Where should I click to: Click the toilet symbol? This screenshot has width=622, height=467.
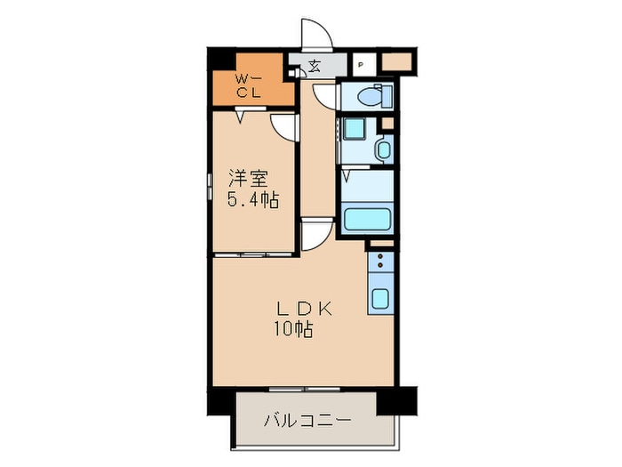coord(374,96)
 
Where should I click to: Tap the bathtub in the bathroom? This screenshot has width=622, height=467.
coord(366,219)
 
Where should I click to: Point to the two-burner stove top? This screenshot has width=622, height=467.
coord(381,262)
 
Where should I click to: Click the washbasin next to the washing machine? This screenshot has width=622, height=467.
coord(384,149)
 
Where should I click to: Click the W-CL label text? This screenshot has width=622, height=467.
coord(249,86)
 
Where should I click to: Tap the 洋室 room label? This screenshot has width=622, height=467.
coord(247,179)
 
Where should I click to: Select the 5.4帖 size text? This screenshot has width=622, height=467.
coord(252,200)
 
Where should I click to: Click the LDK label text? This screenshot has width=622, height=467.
coord(304,309)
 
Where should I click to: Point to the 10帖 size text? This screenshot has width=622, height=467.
coord(293,329)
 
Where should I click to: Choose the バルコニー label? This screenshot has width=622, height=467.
coord(307,420)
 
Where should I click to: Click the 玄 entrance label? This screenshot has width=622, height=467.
coord(315,66)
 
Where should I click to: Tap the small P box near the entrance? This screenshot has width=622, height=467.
coord(361,64)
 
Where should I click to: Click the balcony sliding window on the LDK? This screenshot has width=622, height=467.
coord(305,390)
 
